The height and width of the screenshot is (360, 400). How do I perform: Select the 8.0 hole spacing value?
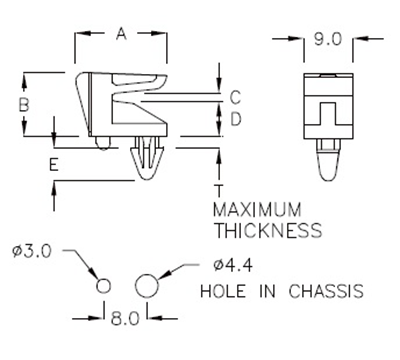125,320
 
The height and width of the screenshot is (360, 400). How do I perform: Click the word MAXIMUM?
258,210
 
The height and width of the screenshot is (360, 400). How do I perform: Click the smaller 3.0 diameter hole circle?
103,286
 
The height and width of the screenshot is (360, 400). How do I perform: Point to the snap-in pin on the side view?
145,160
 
